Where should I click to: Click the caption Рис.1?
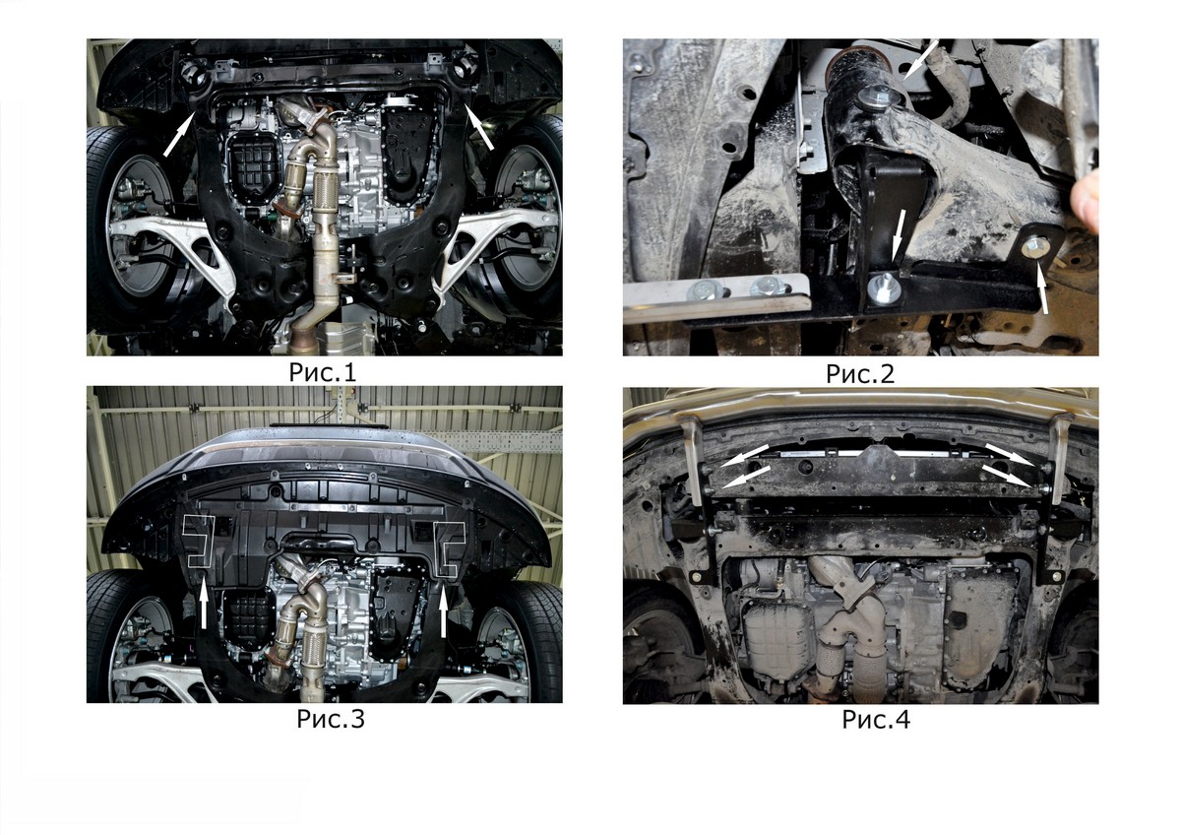point(323,372)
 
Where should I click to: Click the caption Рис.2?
point(860,373)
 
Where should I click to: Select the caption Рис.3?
point(331,719)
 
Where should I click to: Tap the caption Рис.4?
point(876,720)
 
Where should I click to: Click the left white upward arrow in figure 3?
point(204,607)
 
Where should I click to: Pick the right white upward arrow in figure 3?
point(443,611)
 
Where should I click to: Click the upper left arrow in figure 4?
point(744,455)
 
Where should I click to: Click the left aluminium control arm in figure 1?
point(174,248)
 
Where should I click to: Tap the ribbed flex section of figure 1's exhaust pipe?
point(326,194)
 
